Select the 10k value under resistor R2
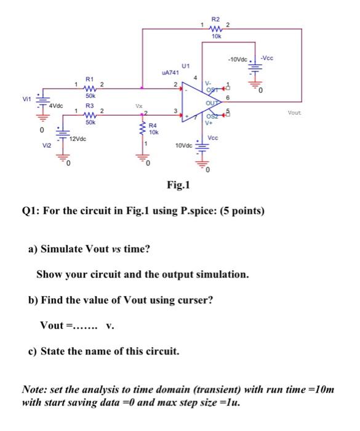pyautogui.click(x=215, y=38)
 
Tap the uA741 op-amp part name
pyautogui.click(x=169, y=73)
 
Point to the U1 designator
pyautogui.click(x=186, y=65)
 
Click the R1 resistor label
pyautogui.click(x=89, y=79)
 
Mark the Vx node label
pyautogui.click(x=141, y=106)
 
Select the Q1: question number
pyautogui.click(x=31, y=211)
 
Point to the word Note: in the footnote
pyautogui.click(x=36, y=390)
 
